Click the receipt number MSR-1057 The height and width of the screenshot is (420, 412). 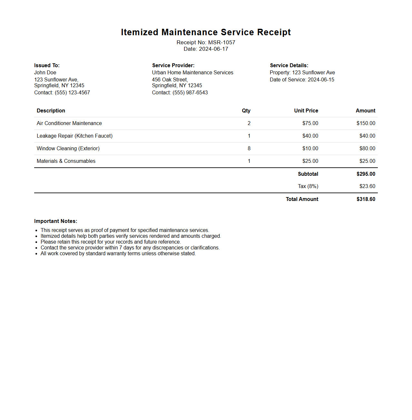[221, 42]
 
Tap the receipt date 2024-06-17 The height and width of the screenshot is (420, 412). [213, 49]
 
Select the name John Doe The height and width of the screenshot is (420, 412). [45, 72]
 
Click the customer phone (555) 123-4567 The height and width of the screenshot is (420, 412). [72, 92]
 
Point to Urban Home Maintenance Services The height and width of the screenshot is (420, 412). [192, 72]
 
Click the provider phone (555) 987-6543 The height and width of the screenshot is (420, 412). [190, 92]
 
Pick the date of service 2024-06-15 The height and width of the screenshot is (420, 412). [321, 79]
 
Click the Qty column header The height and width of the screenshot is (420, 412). [246, 110]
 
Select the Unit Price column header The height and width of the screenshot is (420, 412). [306, 110]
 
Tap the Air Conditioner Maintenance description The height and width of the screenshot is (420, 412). [69, 123]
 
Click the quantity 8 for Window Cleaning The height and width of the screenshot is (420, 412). [249, 148]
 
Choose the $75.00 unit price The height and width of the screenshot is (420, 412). [310, 123]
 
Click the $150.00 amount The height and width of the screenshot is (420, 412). [366, 123]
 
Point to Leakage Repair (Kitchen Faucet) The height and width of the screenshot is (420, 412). [74, 136]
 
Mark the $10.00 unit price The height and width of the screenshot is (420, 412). [310, 148]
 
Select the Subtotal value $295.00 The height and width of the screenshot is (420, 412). [366, 174]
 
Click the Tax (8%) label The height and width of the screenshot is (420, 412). [308, 186]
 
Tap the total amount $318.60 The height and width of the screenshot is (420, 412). [366, 199]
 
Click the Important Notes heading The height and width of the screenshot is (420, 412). [55, 221]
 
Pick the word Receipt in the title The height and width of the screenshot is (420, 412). [274, 32]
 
